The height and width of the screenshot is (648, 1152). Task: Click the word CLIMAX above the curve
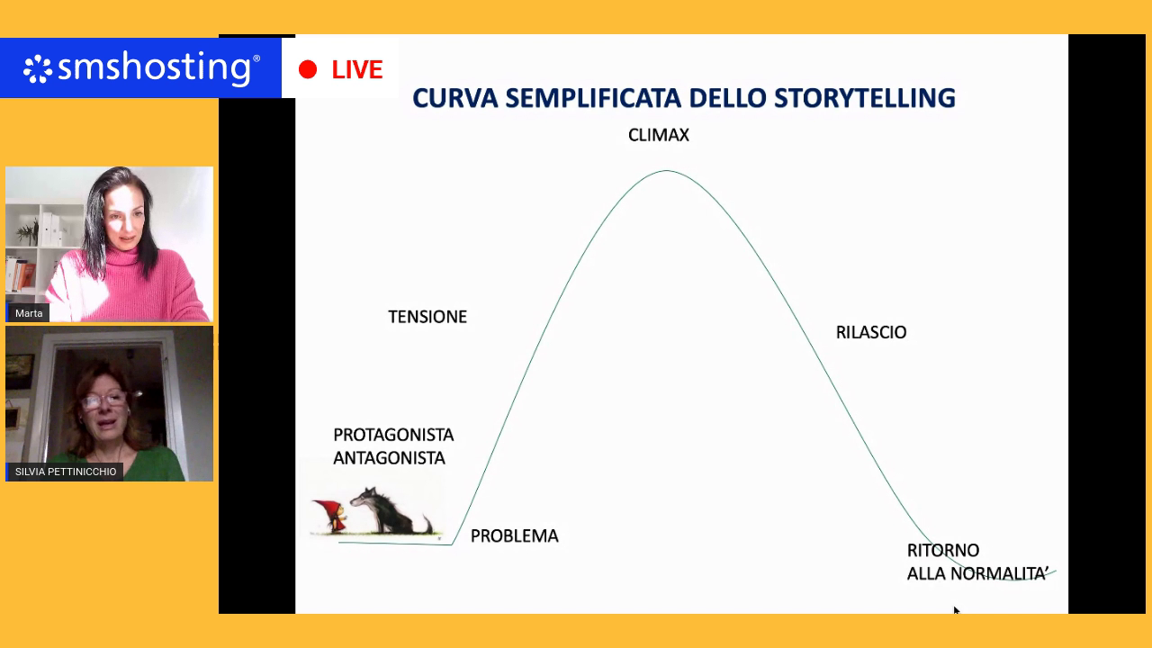658,135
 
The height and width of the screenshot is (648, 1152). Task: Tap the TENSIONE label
427,317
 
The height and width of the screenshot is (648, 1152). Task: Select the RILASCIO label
871,332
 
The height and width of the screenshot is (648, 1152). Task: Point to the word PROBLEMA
514,535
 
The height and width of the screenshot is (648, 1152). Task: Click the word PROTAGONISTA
393,435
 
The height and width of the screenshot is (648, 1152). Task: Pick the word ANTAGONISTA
389,458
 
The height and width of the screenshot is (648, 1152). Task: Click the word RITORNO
942,550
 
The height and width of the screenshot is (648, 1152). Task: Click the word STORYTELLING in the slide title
865,98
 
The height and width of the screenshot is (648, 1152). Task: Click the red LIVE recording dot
308,69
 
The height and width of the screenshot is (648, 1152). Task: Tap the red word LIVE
357,69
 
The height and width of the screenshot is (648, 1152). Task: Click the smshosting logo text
154,67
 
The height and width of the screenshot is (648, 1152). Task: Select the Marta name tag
29,313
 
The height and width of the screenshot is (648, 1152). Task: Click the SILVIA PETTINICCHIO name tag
66,472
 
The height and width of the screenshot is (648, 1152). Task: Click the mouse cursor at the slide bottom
956,610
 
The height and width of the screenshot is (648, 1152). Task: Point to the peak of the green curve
667,170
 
